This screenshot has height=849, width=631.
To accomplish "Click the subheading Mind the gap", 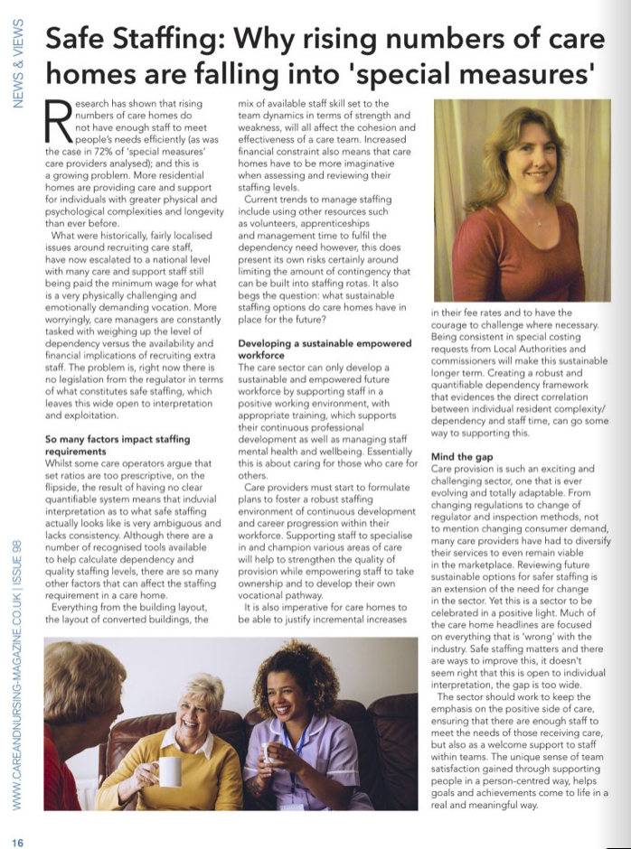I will [462, 456].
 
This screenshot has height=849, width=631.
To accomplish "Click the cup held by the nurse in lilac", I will [268, 754].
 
